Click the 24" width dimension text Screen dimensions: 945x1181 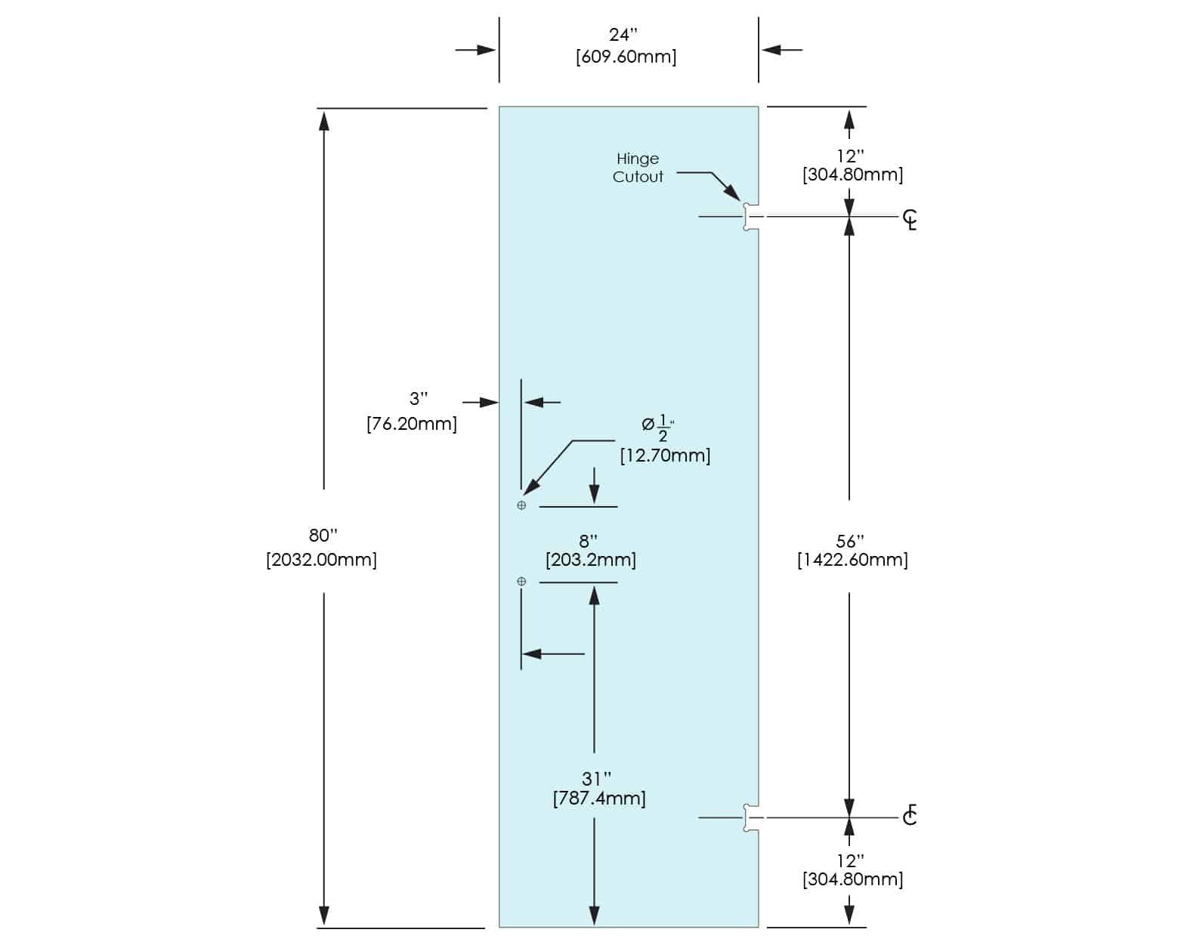click(623, 35)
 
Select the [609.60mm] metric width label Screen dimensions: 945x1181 click(626, 57)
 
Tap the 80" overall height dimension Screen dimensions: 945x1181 click(323, 536)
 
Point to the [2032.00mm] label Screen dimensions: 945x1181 click(321, 560)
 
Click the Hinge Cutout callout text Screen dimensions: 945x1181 click(638, 168)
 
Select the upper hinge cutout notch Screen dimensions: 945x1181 click(750, 217)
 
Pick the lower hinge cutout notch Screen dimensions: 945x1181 click(750, 817)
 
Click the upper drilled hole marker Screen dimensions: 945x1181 click(521, 505)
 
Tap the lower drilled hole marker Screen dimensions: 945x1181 click(521, 581)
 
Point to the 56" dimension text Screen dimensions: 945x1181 click(850, 542)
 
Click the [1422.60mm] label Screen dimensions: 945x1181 click(852, 560)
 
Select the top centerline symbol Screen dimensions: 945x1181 click(910, 220)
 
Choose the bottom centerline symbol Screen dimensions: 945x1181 click(910, 815)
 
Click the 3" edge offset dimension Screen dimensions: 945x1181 click(418, 398)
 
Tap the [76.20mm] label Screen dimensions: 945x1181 click(412, 424)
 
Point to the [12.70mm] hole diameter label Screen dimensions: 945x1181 click(665, 456)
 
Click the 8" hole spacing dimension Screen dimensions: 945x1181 click(588, 541)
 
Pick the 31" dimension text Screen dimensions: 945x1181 click(596, 778)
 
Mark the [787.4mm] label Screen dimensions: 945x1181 click(599, 798)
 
